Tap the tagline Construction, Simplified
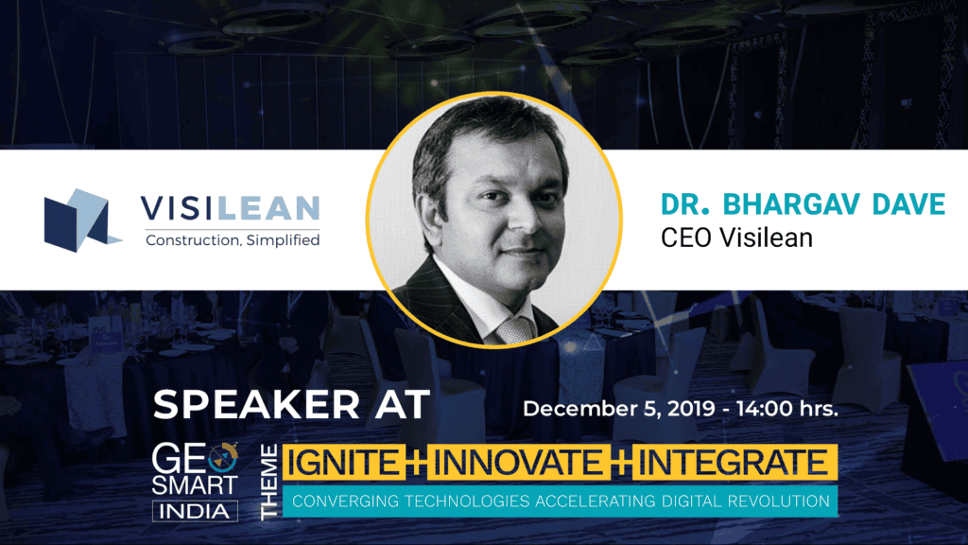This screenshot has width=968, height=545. coord(232,240)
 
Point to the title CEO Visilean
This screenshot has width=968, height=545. coord(736,237)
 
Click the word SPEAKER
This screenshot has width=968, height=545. coord(248,404)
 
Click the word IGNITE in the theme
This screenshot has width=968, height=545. coord(335,463)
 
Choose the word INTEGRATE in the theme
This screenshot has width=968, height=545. coord(735,463)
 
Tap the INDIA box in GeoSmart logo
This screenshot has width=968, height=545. coord(196,511)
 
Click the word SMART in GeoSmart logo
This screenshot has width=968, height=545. coord(196,485)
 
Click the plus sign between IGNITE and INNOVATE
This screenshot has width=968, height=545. coord(410,463)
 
